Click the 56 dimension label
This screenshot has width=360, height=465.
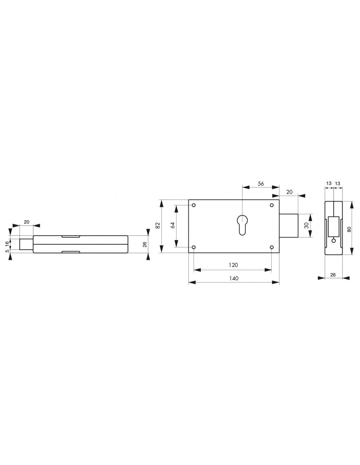click(x=261, y=184)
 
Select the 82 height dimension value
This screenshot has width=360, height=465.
click(x=158, y=226)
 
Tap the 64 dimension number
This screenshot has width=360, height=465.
click(x=173, y=225)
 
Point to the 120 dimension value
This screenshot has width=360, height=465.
click(x=233, y=265)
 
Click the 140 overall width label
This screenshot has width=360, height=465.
click(x=234, y=278)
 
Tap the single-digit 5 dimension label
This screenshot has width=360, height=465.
click(x=7, y=251)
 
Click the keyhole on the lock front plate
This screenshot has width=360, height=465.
click(x=242, y=224)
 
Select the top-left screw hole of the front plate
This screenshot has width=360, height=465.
click(x=194, y=205)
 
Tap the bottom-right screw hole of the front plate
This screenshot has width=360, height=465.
click(x=272, y=247)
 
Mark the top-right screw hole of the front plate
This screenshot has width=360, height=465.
click(x=272, y=205)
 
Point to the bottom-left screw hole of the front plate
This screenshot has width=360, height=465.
click(x=194, y=247)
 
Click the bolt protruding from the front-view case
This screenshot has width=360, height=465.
click(x=289, y=226)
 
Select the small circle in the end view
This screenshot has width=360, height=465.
click(x=333, y=241)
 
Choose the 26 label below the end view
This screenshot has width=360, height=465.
click(x=333, y=275)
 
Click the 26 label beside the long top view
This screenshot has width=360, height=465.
click(x=145, y=244)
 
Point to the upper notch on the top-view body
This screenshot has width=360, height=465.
click(x=71, y=236)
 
